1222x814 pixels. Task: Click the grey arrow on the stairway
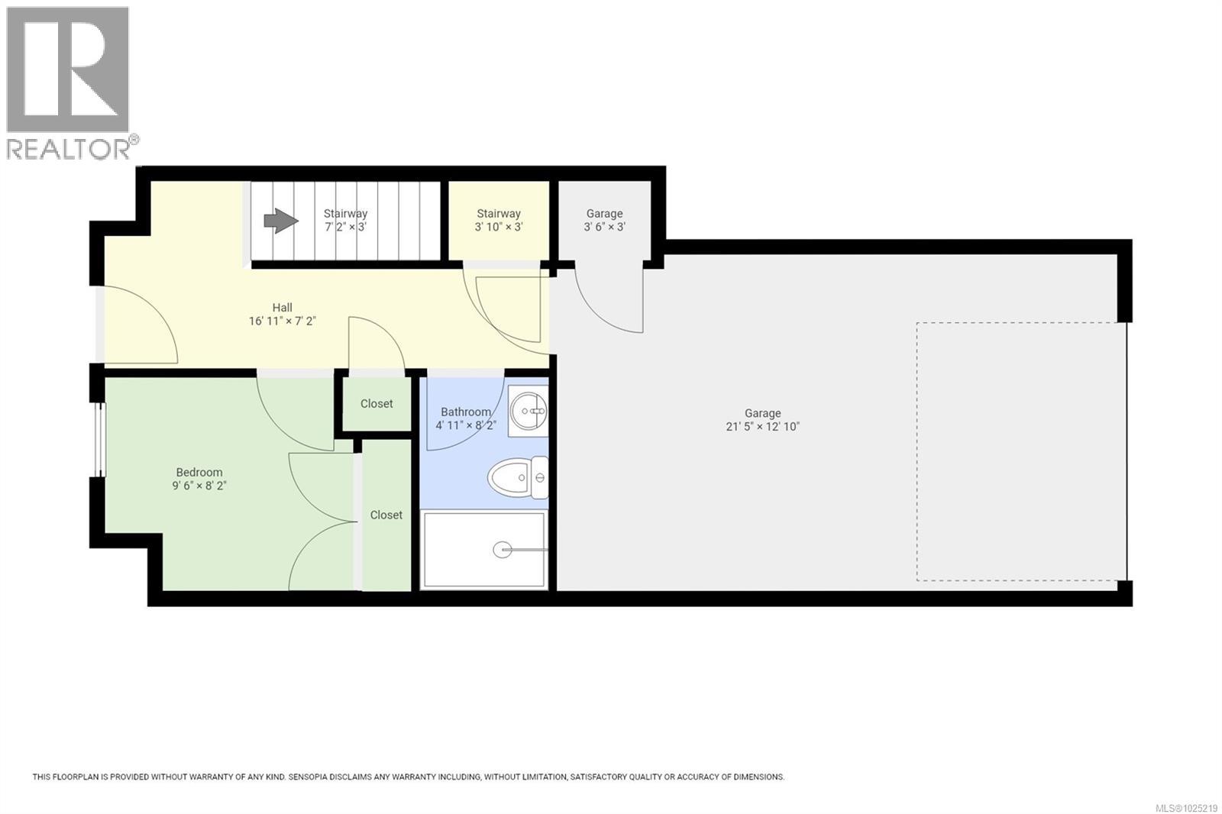(280, 221)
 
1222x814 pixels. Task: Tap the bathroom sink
(529, 411)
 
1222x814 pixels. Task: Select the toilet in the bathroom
(518, 478)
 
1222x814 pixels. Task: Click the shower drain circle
(503, 549)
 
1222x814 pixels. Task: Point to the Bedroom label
(199, 472)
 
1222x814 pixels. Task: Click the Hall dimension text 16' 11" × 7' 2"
(282, 321)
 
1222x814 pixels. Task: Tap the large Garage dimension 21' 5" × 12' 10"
(762, 427)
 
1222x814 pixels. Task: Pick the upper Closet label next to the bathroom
(377, 403)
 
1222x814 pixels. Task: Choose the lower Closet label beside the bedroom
(386, 515)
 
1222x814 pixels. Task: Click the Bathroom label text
(466, 412)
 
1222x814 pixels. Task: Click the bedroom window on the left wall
(99, 439)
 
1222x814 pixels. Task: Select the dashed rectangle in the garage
(1021, 451)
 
